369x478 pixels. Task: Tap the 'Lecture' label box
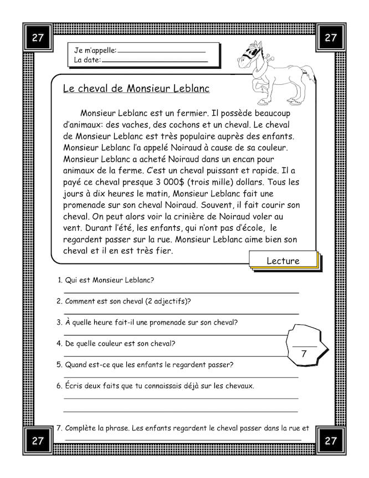[x=283, y=261]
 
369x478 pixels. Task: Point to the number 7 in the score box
[x=304, y=353]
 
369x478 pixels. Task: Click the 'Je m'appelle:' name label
[x=95, y=50]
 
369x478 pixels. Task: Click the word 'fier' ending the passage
[x=163, y=251]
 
